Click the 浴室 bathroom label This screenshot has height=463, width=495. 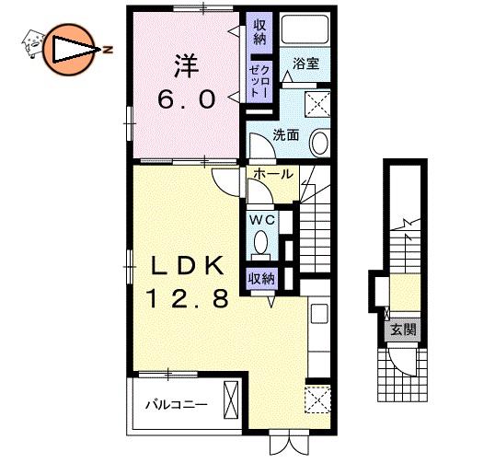point(305,64)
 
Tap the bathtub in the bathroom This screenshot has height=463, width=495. point(305,29)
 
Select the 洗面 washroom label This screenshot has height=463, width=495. point(286,135)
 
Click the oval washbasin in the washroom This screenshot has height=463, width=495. point(320,143)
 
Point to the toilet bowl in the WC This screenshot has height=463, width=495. point(260,242)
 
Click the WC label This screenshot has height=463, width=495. point(262,220)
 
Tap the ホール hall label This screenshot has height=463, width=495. point(273,174)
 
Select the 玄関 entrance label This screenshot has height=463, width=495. point(403,330)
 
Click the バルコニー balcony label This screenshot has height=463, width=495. point(177,405)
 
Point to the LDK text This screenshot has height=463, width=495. point(188,265)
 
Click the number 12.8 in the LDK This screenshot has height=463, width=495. point(187,299)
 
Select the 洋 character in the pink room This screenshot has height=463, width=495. point(186,66)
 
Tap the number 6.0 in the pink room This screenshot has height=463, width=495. point(186,98)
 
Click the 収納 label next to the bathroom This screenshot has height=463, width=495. point(259,32)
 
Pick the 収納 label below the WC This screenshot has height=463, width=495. point(261,279)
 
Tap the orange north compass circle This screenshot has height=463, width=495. point(68,50)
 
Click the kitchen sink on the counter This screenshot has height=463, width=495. point(319,313)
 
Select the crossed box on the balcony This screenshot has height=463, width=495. point(231,400)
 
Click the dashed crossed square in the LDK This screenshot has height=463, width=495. point(318,399)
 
